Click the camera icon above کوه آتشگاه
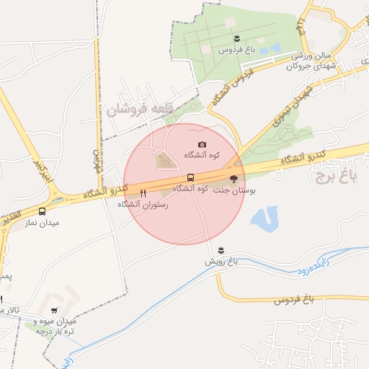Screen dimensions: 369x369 (x=202, y=145)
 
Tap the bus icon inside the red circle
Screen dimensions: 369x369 (x=190, y=177)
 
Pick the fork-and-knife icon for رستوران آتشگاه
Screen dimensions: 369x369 (x=143, y=193)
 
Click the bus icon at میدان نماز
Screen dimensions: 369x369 (x=43, y=212)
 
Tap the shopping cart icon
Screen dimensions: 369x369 (x=54, y=311)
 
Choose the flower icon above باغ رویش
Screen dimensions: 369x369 (x=221, y=249)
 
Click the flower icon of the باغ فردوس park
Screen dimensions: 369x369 (x=236, y=37)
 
